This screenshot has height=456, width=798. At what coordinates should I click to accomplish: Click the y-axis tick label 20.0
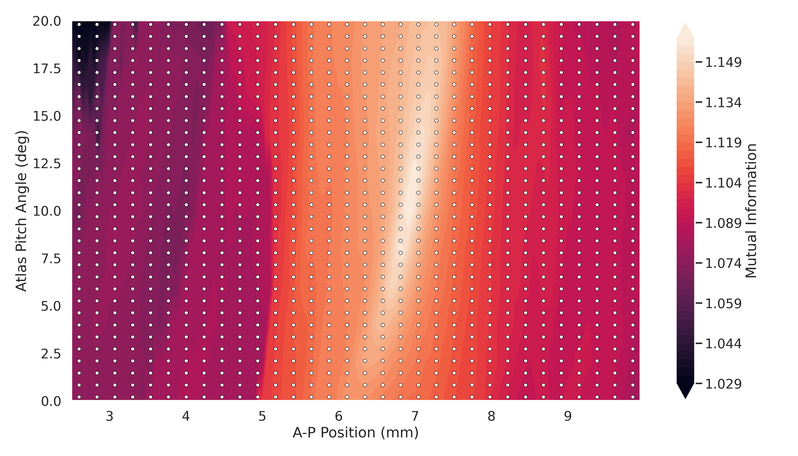47,22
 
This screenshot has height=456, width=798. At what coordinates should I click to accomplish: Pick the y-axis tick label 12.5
47,164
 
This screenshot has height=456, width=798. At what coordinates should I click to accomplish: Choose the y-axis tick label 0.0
51,401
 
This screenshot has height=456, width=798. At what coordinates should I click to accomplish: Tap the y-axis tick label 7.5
51,259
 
